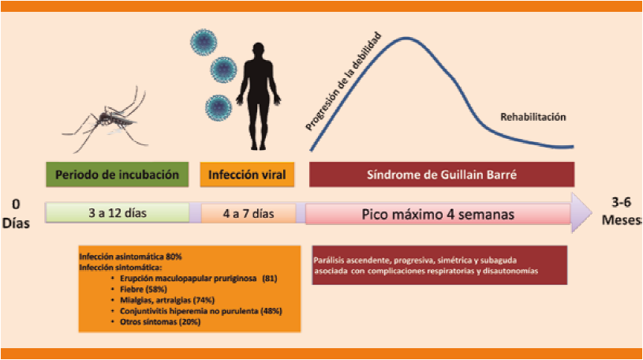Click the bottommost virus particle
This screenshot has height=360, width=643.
(x=218, y=106)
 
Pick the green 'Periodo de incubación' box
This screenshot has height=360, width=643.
(x=116, y=174)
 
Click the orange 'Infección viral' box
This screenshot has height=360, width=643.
(x=248, y=174)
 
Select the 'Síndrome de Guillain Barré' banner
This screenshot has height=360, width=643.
(x=440, y=174)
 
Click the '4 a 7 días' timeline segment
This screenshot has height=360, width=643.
(x=248, y=213)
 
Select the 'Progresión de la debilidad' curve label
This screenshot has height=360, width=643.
(x=344, y=81)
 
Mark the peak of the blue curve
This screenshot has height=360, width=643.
(x=406, y=38)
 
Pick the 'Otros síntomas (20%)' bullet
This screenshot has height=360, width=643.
(x=155, y=322)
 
